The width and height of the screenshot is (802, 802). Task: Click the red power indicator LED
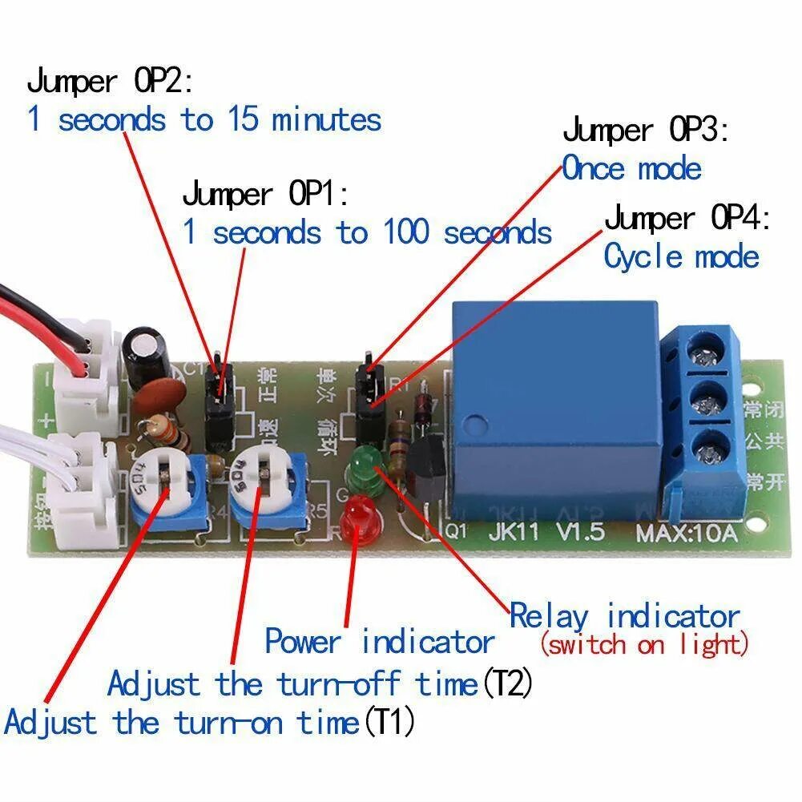358,518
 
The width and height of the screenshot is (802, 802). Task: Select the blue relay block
553,409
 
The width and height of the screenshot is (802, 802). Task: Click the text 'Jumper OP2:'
110,81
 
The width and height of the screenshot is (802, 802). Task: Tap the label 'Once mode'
631,169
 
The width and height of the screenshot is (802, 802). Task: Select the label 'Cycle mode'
681,257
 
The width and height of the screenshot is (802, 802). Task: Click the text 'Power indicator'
379,642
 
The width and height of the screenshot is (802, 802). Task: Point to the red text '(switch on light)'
645,643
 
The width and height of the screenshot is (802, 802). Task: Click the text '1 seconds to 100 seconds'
367,233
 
